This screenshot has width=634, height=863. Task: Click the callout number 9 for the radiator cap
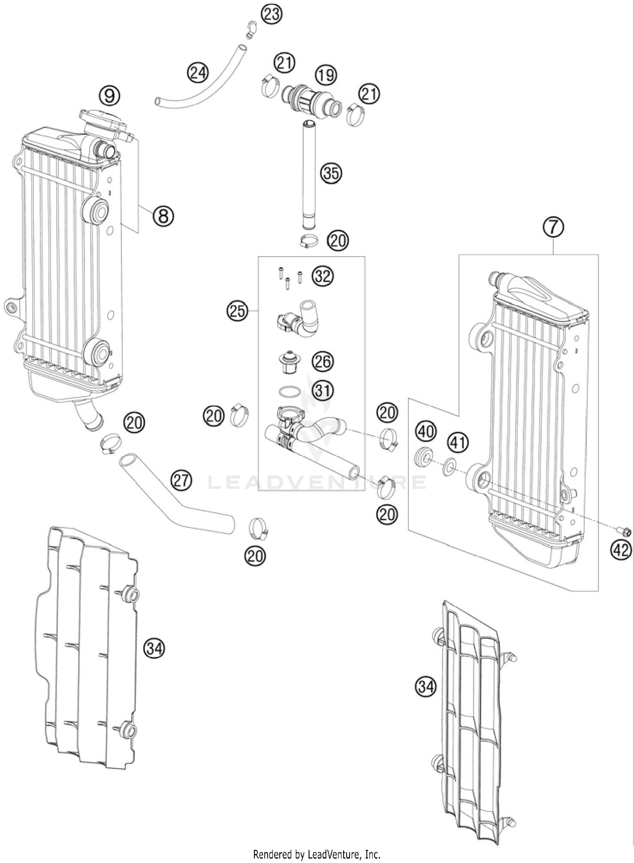109,96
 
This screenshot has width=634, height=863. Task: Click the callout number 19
326,75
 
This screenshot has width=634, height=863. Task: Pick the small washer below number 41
449,468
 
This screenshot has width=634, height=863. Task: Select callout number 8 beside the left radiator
163,216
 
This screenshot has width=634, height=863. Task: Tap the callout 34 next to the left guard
154,648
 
